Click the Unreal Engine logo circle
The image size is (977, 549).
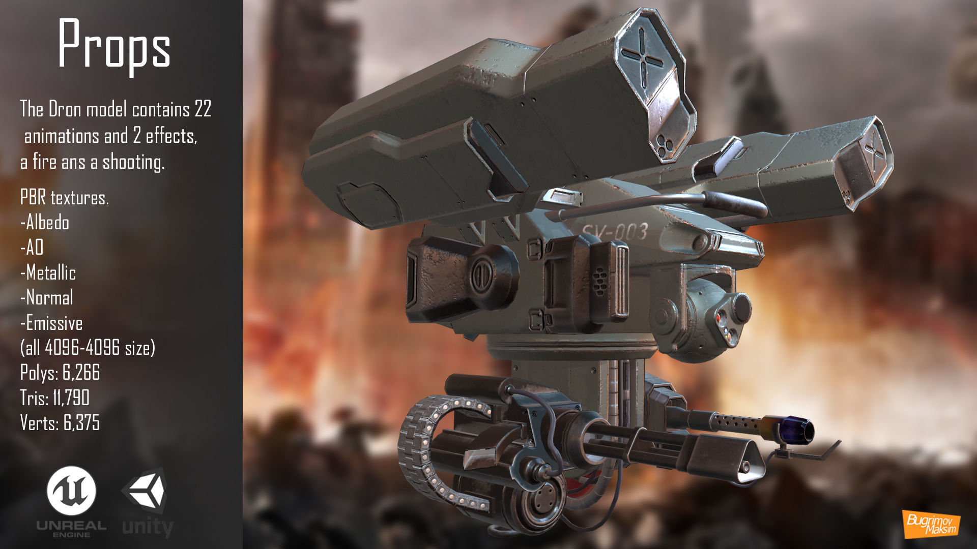71,491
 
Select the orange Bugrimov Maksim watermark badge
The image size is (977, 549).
931,524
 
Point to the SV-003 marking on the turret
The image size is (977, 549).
615,232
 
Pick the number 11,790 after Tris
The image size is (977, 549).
71,398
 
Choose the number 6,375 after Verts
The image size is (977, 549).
81,422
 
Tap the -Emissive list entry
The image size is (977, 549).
51,323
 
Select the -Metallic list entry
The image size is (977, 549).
48,273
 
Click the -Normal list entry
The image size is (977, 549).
47,298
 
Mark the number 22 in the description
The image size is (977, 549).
203,109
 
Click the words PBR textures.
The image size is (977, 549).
65,198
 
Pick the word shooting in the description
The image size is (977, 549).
133,163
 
